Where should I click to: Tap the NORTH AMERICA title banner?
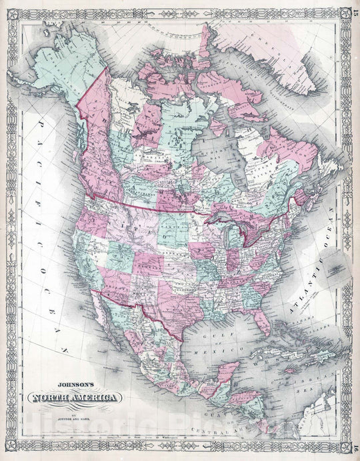[x=74, y=398]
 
